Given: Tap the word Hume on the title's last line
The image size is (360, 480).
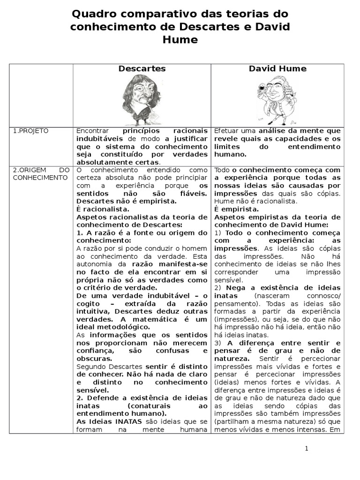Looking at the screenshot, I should click(180, 40).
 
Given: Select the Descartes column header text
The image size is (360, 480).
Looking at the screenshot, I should click(142, 68).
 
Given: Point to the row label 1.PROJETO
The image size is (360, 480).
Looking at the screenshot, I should click(30, 131).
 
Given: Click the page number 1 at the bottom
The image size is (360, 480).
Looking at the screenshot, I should click(307, 448).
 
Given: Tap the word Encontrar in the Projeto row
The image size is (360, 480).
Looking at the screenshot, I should click(92, 131).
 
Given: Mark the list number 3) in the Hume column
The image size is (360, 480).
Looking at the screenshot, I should click(217, 343).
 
